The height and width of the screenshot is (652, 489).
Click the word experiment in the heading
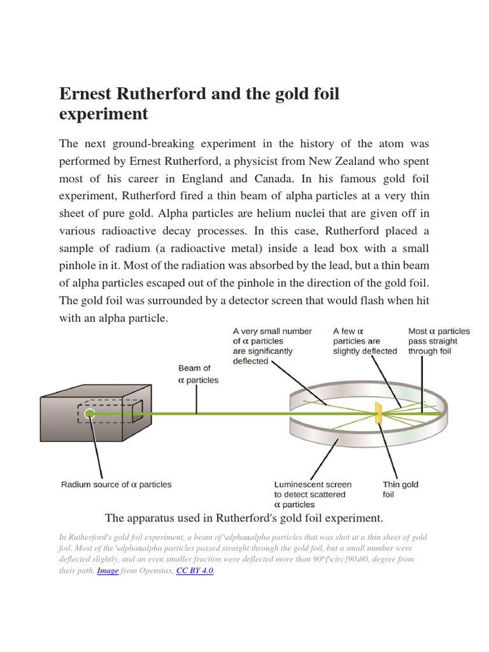click(x=103, y=114)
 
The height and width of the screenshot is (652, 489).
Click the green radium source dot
click(x=90, y=414)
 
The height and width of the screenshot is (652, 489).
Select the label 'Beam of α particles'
click(x=197, y=374)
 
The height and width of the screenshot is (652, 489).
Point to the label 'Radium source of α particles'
click(x=117, y=485)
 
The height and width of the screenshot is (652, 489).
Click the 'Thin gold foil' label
click(x=400, y=489)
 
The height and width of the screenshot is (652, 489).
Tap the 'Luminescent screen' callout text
click(x=313, y=494)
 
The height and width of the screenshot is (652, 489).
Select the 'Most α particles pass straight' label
click(x=439, y=341)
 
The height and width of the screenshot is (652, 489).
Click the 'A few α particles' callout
click(x=365, y=341)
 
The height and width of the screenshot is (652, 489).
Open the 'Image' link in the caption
click(x=108, y=570)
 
